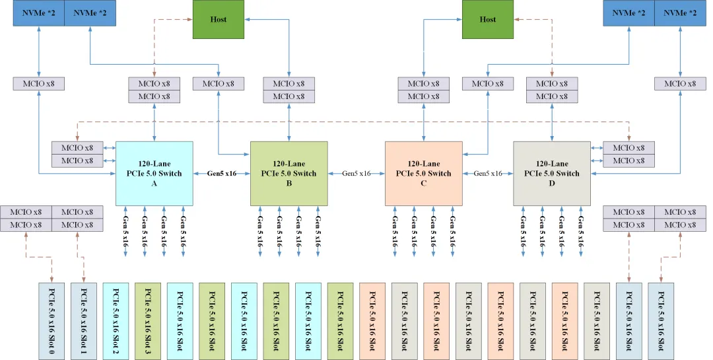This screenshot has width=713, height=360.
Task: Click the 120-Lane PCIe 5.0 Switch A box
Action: tap(154, 173)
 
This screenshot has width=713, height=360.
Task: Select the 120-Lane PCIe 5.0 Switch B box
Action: tap(289, 173)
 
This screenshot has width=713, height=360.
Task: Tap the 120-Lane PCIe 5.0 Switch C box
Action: tap(423, 173)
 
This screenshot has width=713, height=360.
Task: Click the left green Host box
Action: tap(219, 19)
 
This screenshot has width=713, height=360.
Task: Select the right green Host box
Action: tap(488, 19)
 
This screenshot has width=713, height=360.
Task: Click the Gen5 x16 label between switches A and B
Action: tap(222, 174)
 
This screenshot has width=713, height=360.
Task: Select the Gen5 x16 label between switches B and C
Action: tap(356, 174)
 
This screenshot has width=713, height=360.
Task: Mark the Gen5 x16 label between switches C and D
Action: tap(488, 174)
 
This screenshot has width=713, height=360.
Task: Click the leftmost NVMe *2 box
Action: tap(39, 13)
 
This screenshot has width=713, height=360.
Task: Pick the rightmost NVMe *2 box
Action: tap(680, 13)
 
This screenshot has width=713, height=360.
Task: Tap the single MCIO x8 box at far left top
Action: tap(39, 84)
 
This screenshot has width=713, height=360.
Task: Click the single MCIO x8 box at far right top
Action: tap(680, 84)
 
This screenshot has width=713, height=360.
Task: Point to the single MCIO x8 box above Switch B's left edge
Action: tap(219, 84)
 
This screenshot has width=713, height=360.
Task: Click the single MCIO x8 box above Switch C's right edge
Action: tap(488, 84)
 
